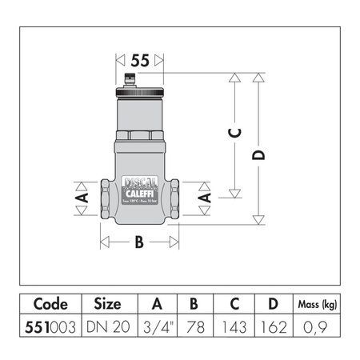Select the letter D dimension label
[x=258, y=152]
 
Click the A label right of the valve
[x=205, y=195]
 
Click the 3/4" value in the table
[x=155, y=328]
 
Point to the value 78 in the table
[x=194, y=328]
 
